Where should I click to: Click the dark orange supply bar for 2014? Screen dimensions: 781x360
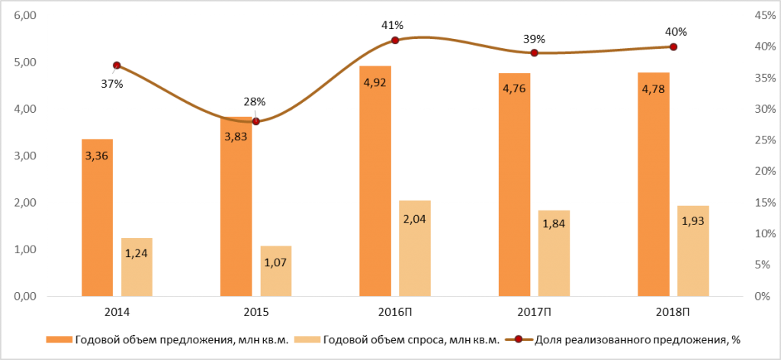click(x=97, y=217)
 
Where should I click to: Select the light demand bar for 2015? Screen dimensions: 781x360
click(x=276, y=271)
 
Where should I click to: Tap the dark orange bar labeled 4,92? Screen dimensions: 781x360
click(x=375, y=182)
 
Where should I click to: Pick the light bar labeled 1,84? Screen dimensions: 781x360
click(x=554, y=253)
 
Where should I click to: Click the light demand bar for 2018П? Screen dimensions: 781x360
click(x=693, y=251)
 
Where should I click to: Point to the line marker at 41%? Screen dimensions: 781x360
click(x=395, y=40)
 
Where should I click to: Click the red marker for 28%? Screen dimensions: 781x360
click(x=256, y=121)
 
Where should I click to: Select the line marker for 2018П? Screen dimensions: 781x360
click(x=673, y=47)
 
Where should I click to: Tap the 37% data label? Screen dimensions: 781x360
click(x=111, y=84)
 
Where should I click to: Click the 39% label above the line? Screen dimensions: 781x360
click(x=535, y=40)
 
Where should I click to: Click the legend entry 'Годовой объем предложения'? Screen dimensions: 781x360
click(x=167, y=341)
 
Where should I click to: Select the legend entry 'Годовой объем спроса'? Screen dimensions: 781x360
click(x=397, y=341)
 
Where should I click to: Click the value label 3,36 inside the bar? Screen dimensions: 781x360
click(x=97, y=156)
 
